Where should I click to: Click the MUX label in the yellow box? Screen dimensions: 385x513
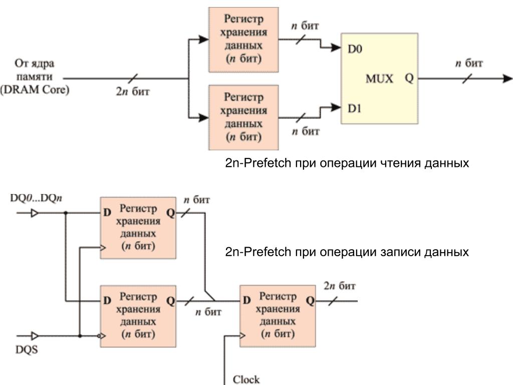point(379,79)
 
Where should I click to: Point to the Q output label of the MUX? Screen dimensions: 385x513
point(409,79)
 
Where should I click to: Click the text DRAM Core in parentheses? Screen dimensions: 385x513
point(35,91)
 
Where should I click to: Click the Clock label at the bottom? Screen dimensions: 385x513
point(246,379)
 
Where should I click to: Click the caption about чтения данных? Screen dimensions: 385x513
point(347,163)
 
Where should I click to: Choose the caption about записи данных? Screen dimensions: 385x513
point(347,252)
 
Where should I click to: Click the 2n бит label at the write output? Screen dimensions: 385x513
point(340,286)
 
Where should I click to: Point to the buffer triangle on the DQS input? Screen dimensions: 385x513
point(35,336)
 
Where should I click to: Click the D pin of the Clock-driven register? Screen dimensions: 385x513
point(246,301)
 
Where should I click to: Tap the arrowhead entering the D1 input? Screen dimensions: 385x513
point(336,107)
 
